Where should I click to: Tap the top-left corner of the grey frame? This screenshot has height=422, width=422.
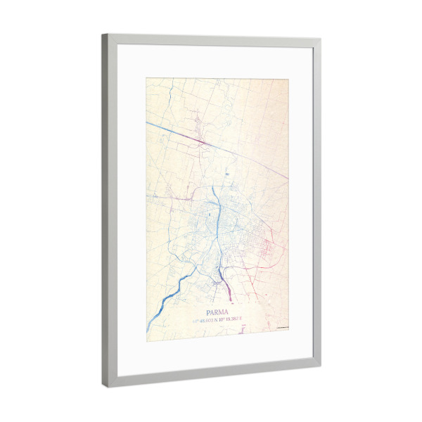[x=103, y=34]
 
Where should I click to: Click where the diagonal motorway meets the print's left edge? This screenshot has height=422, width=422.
[x=146, y=122]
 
